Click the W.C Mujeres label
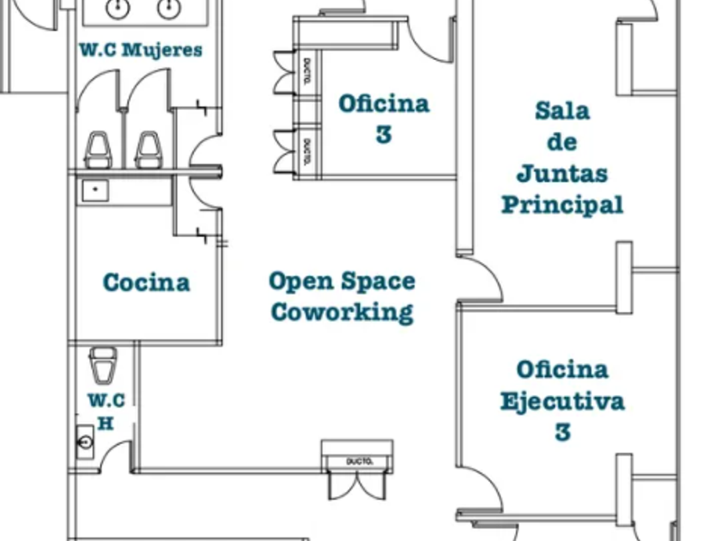point(142,50)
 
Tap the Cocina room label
point(146,283)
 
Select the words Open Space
point(342,281)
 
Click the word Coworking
point(342,311)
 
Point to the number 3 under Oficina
point(384,135)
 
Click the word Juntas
point(562,173)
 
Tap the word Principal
point(562,204)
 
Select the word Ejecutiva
point(562,401)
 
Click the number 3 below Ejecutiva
point(562,431)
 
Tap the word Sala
point(562,111)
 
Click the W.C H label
point(106,411)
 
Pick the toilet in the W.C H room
point(103,365)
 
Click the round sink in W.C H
point(86,441)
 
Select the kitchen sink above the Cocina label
point(94,189)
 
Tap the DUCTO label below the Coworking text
point(359,462)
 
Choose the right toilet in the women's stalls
point(148,150)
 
